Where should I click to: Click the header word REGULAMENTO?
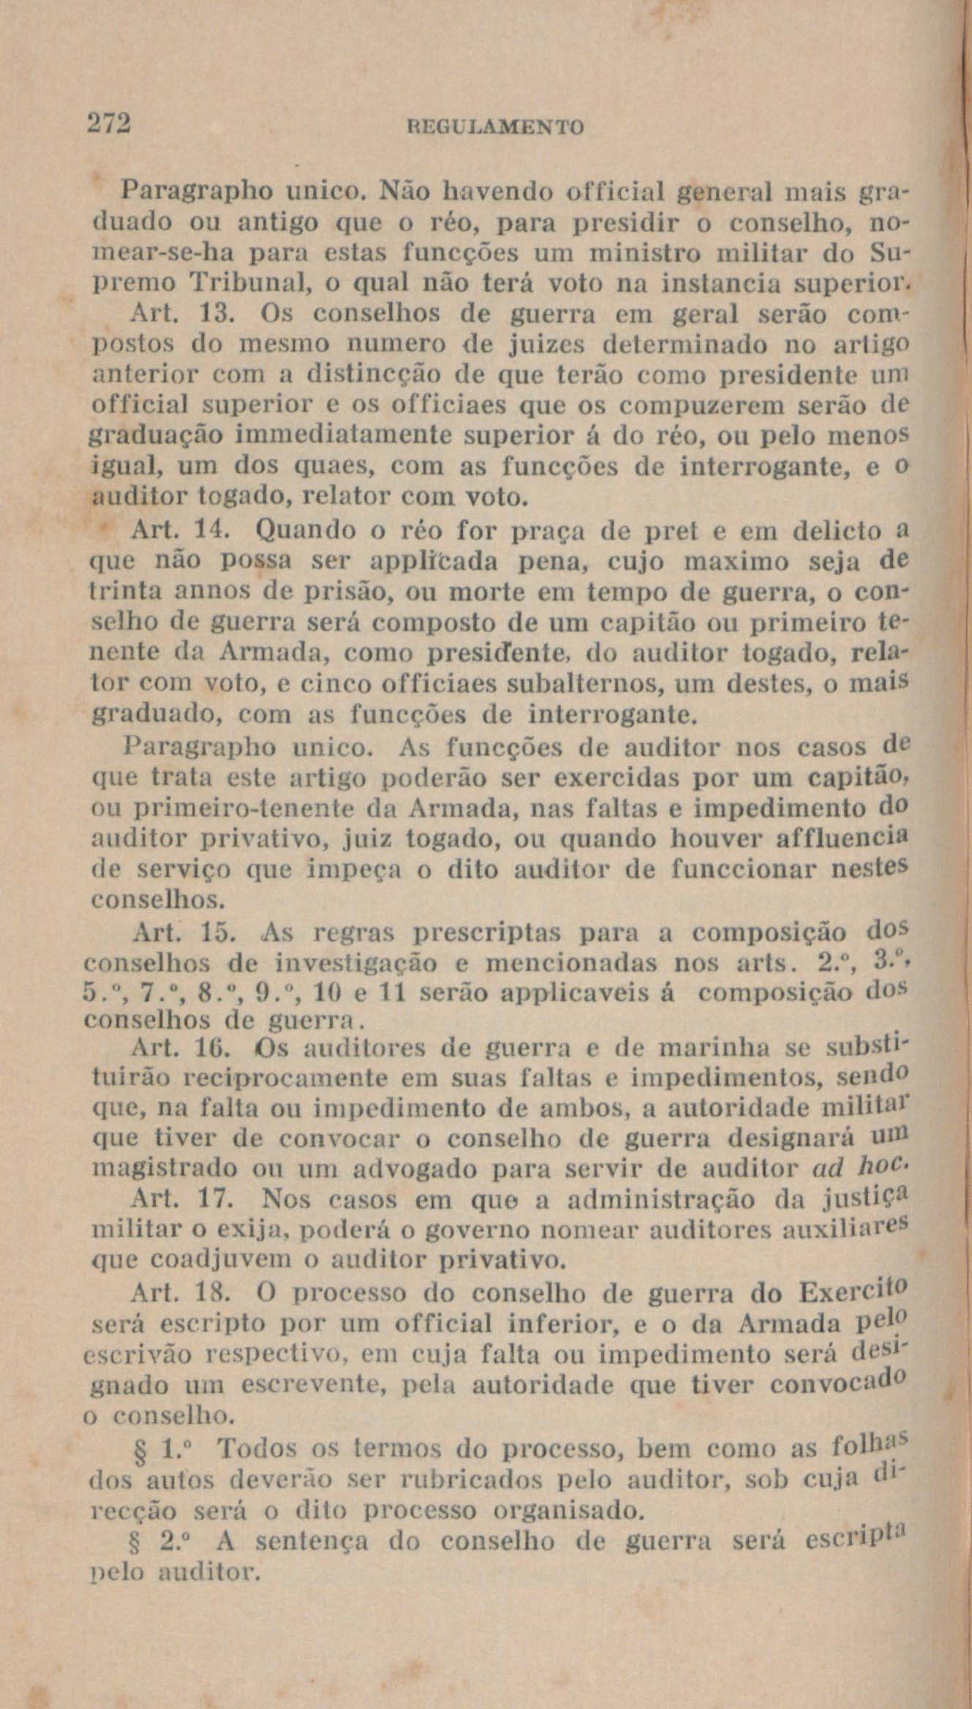[x=494, y=128]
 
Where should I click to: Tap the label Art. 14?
[x=181, y=529]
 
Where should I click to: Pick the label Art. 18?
[x=181, y=1293]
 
